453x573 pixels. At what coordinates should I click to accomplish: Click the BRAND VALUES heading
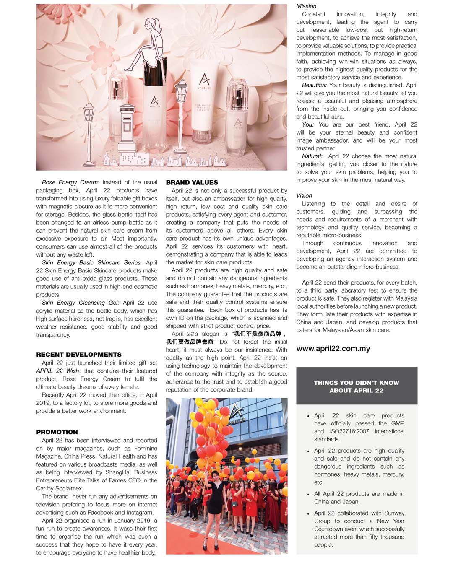pos(192,182)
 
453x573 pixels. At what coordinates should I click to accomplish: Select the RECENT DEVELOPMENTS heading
pos(78,355)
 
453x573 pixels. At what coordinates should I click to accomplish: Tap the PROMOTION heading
pos(57,432)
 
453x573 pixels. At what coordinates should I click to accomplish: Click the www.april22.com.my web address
pos(333,349)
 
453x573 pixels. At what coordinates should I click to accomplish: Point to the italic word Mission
pos(306,6)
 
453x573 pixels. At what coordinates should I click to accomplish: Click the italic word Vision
pos(304,196)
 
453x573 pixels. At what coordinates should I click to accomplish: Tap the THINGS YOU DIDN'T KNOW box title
pos(357,386)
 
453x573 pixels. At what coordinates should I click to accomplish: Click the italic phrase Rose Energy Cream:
pos(70,182)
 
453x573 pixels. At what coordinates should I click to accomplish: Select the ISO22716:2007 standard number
pos(349,431)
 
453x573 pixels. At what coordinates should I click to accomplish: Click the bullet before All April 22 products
pos(308,494)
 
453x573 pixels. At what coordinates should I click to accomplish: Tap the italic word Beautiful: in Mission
pos(314,85)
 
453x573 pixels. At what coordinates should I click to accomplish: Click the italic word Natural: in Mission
pos(312,156)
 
